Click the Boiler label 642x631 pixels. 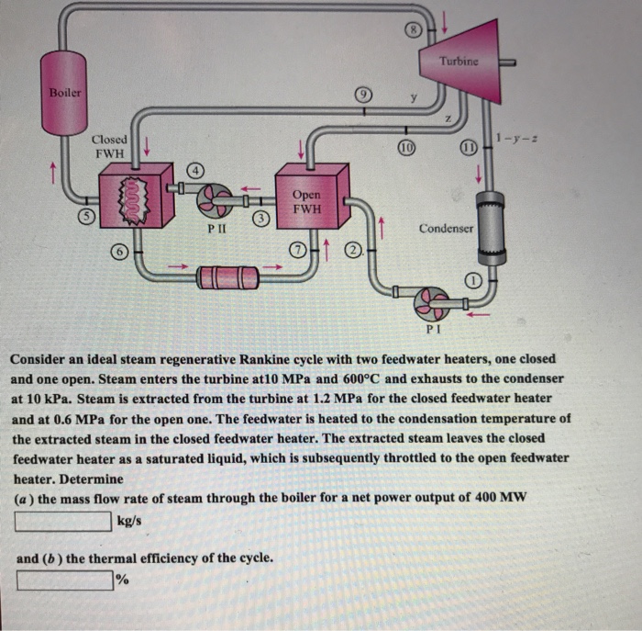point(65,93)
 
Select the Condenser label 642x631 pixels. point(447,227)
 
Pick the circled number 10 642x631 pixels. point(404,147)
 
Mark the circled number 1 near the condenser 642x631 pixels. point(472,279)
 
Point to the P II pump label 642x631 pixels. point(211,222)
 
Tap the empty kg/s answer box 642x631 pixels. point(62,522)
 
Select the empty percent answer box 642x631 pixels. point(62,580)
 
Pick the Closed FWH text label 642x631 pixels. point(109,146)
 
